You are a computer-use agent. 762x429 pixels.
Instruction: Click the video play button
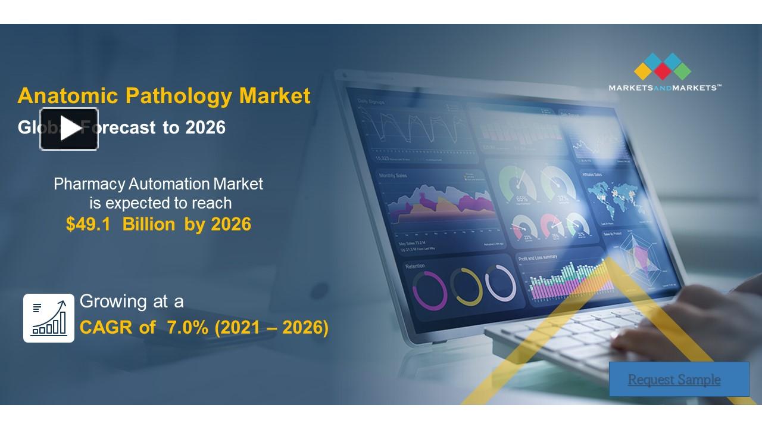(69, 129)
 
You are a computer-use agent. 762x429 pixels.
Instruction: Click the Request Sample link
(674, 380)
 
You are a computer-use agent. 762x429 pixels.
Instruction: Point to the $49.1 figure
(88, 224)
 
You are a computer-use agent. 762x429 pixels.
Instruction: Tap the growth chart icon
(49, 318)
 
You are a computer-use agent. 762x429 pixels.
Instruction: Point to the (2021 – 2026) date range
(272, 327)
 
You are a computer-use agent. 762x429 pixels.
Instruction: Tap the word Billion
(149, 224)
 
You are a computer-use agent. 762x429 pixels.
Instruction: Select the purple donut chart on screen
(429, 290)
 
